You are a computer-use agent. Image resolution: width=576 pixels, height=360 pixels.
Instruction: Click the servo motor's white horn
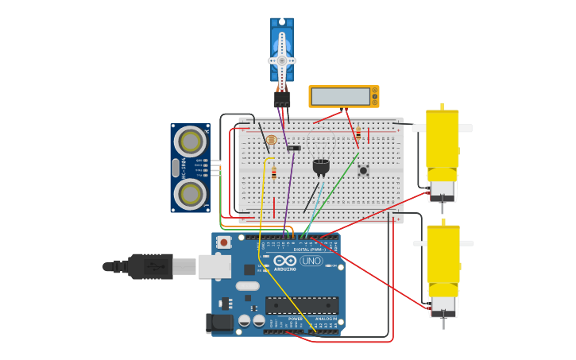(281, 60)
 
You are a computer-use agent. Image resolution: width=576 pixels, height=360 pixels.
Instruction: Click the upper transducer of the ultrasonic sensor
(191, 141)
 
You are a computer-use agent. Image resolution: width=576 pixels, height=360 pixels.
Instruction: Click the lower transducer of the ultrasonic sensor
(191, 193)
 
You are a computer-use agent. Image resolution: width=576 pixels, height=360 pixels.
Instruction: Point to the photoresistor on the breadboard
(272, 140)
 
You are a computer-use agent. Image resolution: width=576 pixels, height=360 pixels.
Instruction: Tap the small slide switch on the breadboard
(294, 148)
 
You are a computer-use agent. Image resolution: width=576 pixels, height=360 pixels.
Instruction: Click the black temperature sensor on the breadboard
(321, 166)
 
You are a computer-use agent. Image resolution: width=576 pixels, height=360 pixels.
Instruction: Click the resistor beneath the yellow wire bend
(274, 173)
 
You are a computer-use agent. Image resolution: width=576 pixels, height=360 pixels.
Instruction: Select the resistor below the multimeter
(358, 135)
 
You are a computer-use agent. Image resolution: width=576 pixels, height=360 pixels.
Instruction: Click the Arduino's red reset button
(225, 242)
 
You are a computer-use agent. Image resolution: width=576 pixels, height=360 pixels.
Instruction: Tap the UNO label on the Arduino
(311, 261)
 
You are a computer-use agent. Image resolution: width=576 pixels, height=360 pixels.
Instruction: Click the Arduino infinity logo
(284, 261)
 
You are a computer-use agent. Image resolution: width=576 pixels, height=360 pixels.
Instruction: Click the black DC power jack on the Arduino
(218, 322)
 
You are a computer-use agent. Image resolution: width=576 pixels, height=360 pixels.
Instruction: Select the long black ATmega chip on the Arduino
(302, 305)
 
